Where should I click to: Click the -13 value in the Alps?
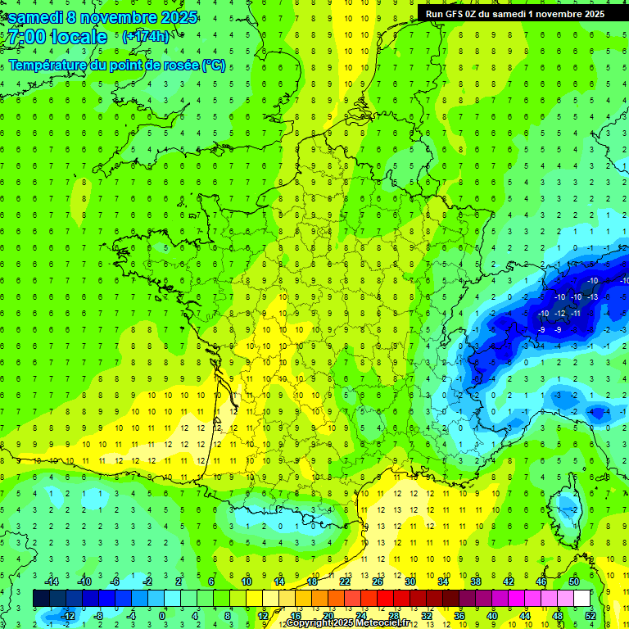click(591, 296)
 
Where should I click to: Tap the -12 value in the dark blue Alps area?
click(560, 314)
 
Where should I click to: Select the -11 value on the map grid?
click(576, 314)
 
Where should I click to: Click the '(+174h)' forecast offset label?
click(147, 38)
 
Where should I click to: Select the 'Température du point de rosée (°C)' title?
click(116, 66)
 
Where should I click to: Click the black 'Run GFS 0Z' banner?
click(515, 13)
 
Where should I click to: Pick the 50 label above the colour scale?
click(573, 581)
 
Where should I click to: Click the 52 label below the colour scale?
click(590, 615)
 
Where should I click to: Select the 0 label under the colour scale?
click(162, 615)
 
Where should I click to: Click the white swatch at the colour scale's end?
click(581, 599)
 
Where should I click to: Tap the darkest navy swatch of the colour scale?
click(41, 599)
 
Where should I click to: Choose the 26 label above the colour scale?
click(377, 581)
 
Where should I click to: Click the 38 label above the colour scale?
click(475, 581)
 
